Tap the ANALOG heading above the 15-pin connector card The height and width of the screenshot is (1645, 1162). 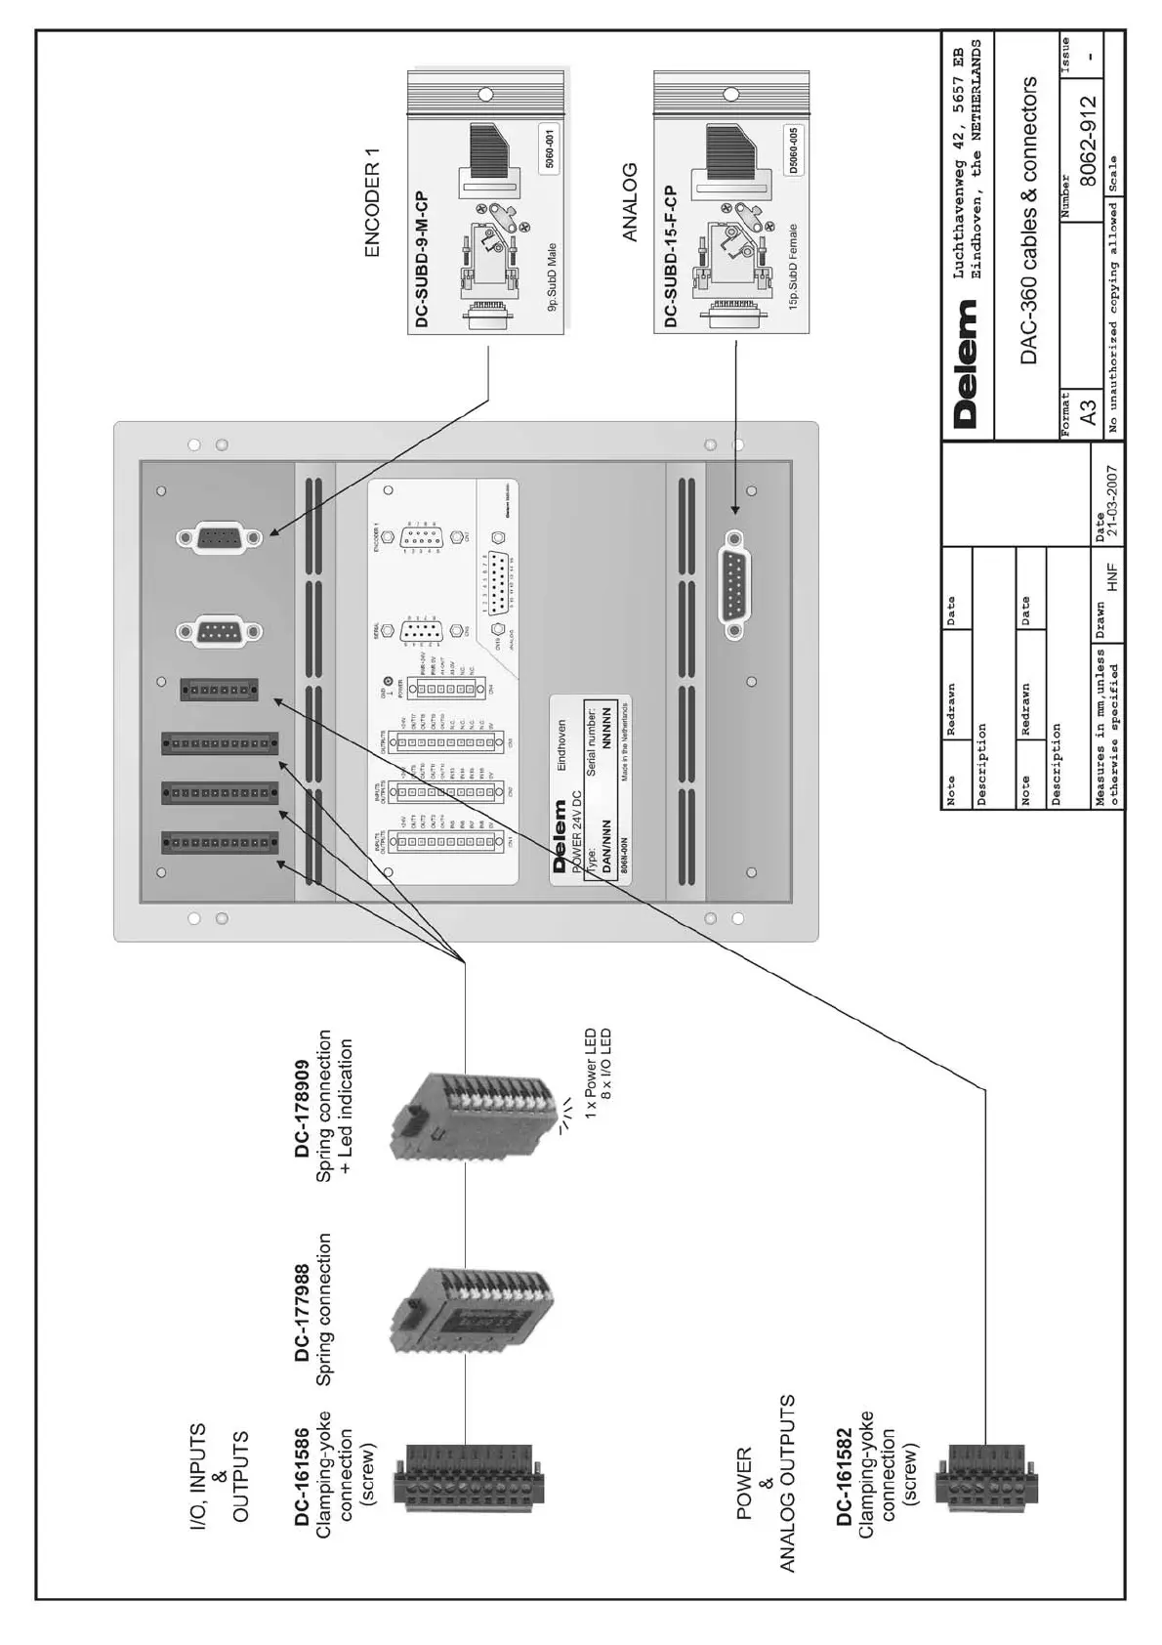(630, 202)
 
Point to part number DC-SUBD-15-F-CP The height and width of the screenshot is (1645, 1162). (670, 256)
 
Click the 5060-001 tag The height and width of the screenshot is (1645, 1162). (549, 149)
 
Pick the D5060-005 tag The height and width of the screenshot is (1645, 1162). (794, 149)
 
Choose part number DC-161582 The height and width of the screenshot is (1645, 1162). (844, 1483)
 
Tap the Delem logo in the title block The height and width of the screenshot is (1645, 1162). (966, 363)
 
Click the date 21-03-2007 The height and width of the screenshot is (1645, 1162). (1110, 503)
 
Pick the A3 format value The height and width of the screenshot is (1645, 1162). (1088, 405)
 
